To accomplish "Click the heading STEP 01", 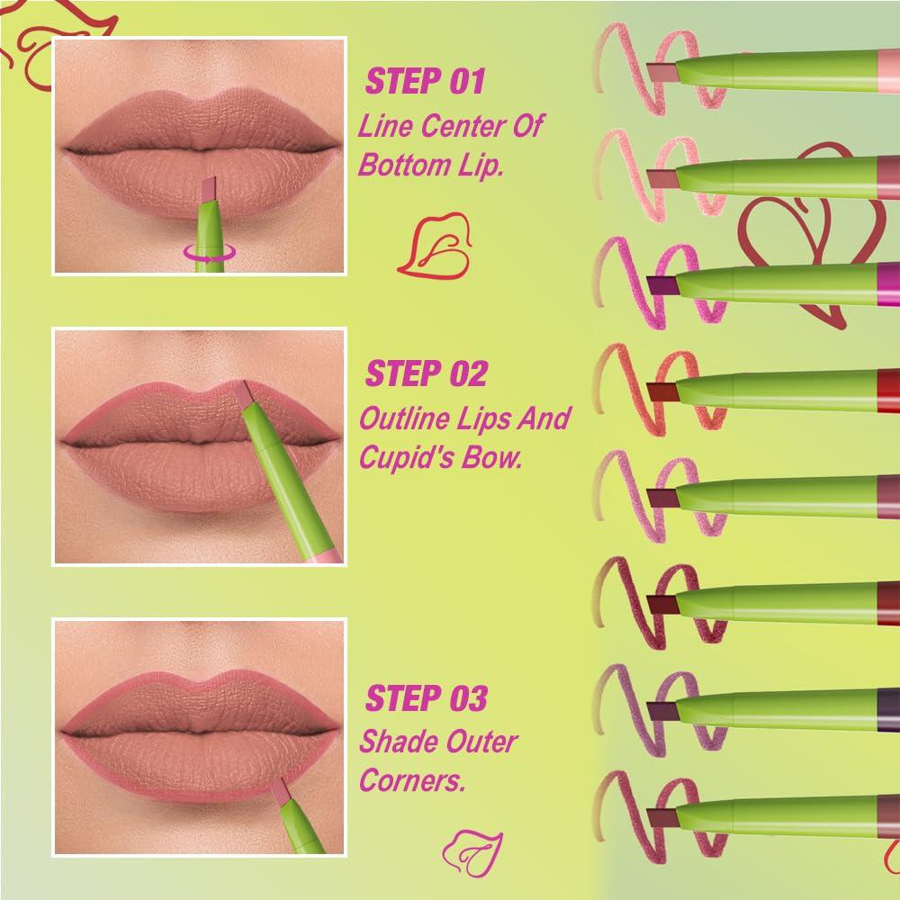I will tap(426, 81).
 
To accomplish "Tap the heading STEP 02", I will tap(427, 373).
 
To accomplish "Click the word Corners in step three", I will tap(412, 780).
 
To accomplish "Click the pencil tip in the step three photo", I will tap(280, 791).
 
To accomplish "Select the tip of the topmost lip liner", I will tap(662, 71).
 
